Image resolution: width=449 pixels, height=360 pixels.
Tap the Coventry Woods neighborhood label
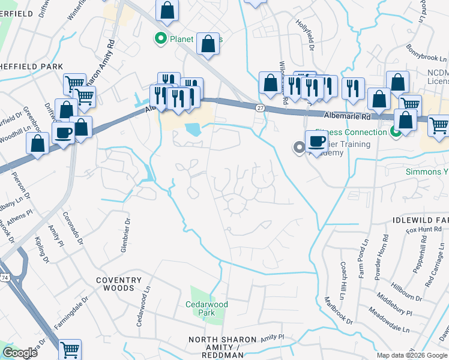coord(119,284)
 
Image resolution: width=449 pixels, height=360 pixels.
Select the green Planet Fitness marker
coord(160,40)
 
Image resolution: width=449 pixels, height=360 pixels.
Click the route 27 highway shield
coord(259,107)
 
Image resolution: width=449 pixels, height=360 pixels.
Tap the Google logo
coord(20,353)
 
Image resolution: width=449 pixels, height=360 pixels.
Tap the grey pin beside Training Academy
coord(298,147)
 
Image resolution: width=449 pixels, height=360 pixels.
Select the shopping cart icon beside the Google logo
coord(70,349)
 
